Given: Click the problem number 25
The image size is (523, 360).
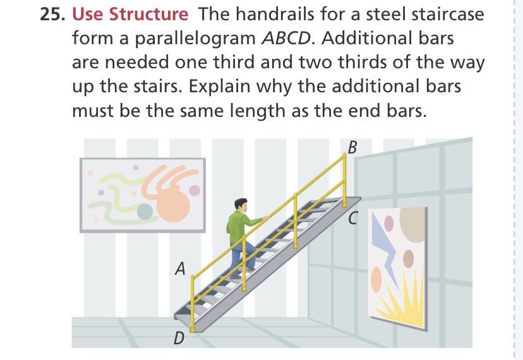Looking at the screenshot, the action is point(52,15).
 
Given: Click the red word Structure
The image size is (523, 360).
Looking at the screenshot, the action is point(148,15).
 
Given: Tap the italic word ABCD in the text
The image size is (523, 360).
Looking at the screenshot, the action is point(286,39).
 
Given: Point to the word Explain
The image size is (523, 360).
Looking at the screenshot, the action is point(219,87).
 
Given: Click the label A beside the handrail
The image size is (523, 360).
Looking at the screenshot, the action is point(181,268).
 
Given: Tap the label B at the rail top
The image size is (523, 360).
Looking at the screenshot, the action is point(352,147).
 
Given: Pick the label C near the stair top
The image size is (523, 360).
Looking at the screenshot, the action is point(353,219).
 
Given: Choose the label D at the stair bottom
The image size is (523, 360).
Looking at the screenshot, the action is point(179,339).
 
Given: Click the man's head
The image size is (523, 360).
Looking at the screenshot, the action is point(241,205).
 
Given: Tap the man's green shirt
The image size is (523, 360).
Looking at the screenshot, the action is point(241,226).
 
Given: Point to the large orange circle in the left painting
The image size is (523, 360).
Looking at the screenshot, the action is point(173,204).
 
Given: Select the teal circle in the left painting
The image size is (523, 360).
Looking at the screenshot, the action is point(145,212).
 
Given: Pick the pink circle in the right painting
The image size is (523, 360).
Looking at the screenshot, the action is point(389,224).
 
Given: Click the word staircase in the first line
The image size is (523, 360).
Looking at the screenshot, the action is point(425,15).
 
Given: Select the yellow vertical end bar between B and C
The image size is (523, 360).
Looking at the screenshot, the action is point(344,180).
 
